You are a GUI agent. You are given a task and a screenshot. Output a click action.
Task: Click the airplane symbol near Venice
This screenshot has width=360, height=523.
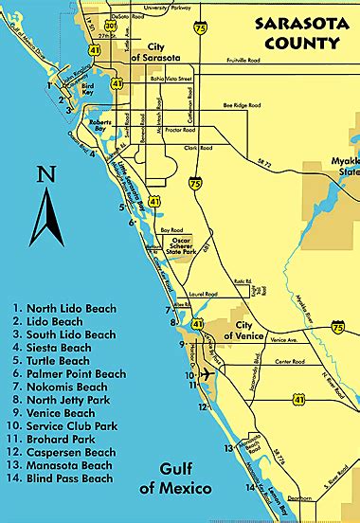207,374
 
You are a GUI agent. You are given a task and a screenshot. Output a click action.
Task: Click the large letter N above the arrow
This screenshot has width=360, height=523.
45,173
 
